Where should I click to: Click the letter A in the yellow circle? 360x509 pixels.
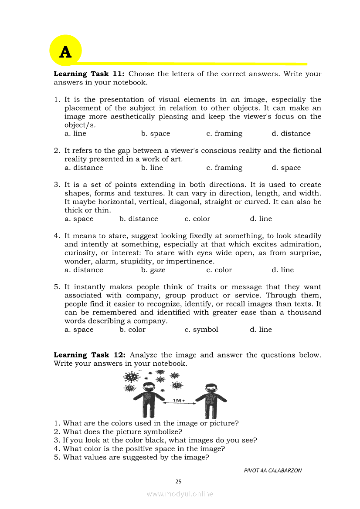point(65,52)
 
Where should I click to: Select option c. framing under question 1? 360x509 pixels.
point(224,134)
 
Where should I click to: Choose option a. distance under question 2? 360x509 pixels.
point(84,168)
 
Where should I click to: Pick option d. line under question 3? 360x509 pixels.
point(261,219)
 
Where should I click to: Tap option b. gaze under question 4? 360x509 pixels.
point(153,270)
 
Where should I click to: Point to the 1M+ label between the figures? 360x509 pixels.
point(179,400)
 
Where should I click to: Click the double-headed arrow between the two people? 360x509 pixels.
point(179,404)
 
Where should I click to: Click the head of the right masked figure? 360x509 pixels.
point(211,388)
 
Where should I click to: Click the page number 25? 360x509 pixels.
point(178,482)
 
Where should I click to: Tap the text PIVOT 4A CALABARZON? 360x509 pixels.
point(272,470)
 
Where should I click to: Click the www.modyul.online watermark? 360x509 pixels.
point(180,494)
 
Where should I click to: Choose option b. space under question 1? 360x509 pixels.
point(156,134)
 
